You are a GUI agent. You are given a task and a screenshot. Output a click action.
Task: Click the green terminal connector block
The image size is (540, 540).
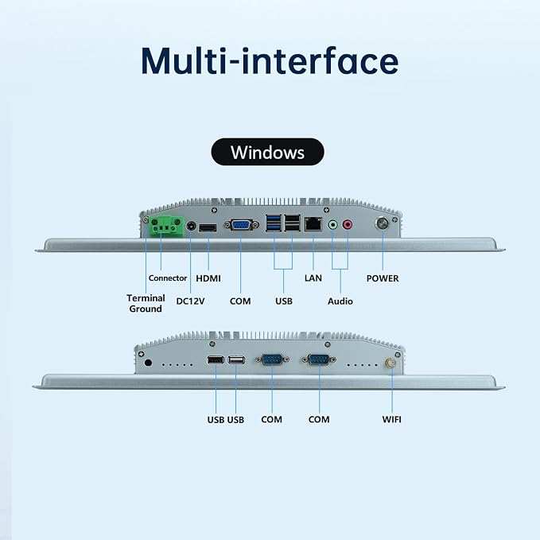coord(167,226)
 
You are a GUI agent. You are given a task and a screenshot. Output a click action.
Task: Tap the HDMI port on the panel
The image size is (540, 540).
coord(208,227)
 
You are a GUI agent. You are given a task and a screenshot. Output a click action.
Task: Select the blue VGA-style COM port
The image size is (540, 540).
coord(241,225)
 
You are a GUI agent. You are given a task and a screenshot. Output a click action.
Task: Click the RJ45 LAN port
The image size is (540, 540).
coord(313,224)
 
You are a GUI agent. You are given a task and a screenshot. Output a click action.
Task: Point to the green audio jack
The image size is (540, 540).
coord(332,225)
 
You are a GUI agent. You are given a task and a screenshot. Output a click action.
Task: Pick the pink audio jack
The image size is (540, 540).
coord(348,225)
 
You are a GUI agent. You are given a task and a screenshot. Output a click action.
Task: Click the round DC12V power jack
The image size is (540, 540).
coord(191,227)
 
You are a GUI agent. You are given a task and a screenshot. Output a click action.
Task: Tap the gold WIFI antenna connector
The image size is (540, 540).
coord(390,363)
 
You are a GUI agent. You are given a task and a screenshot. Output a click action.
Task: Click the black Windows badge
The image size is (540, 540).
coord(267,152)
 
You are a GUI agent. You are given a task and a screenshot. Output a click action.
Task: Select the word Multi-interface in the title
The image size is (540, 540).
coord(270,61)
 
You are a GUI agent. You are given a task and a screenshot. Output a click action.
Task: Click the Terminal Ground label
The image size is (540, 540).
coord(146,304)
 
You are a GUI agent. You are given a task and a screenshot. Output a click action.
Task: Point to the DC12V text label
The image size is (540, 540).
coord(190,301)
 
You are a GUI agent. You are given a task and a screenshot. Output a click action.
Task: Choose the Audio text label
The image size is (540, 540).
coord(340,301)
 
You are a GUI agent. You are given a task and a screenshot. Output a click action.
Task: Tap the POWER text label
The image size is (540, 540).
coord(383,278)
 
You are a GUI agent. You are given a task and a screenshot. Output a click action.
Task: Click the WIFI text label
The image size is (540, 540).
coord(391,419)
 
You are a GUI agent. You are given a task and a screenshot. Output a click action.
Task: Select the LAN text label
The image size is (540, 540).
coord(313,278)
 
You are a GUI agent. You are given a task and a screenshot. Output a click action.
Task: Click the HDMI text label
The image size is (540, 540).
coord(208,278)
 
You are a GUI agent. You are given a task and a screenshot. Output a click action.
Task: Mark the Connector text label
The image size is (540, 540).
coord(168,278)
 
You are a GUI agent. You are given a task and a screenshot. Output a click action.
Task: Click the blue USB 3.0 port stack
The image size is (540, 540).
coord(274,223)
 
